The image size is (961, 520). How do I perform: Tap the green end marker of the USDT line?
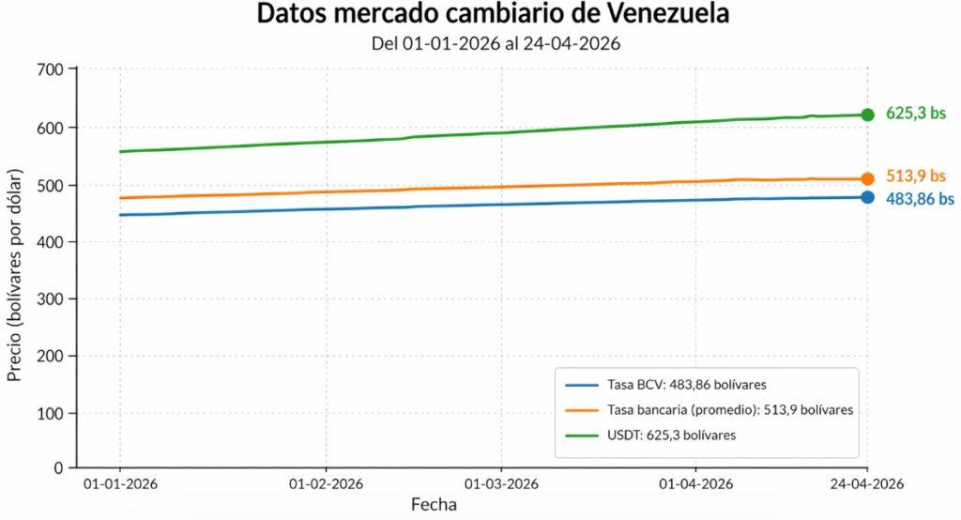867,115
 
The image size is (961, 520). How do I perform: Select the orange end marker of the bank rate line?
867,178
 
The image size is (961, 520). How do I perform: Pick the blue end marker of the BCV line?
867,197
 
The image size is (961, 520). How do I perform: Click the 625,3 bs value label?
916,115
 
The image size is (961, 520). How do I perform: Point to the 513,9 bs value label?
916,176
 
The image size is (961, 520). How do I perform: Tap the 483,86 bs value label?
920,199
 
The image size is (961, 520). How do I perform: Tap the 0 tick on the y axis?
58,466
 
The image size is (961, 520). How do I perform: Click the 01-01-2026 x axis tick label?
120,485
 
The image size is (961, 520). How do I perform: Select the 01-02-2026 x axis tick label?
326,485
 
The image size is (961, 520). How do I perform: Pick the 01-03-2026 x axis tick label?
501,485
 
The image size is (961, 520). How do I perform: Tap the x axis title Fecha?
435,505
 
